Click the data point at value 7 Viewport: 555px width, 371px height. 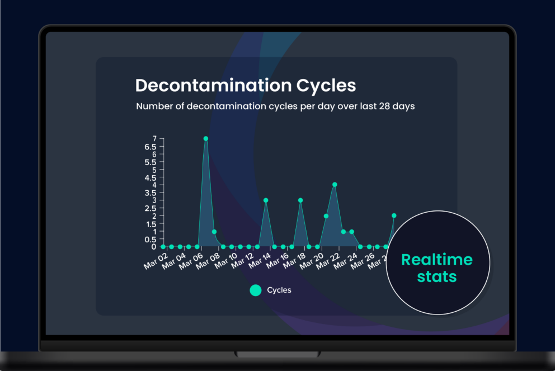(x=206, y=139)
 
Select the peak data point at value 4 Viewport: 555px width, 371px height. (x=335, y=185)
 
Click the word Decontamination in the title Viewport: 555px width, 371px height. (x=213, y=85)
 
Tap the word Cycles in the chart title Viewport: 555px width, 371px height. (x=326, y=85)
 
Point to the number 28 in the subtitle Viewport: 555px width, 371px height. (x=384, y=106)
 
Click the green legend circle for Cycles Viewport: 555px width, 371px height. (x=256, y=290)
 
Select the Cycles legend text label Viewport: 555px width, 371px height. (x=279, y=290)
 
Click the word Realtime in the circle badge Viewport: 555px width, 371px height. (x=437, y=260)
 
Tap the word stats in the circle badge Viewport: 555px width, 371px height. (x=437, y=276)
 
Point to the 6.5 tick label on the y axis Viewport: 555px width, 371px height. (x=150, y=147)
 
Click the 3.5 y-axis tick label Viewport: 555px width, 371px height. (x=150, y=193)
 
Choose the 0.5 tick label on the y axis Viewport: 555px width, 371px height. (x=150, y=239)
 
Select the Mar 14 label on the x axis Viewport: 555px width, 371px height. (x=260, y=261)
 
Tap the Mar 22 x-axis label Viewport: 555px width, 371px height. (x=328, y=261)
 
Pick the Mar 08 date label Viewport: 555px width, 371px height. (x=208, y=261)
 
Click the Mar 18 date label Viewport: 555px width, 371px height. (x=294, y=261)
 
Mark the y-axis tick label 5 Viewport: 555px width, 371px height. (x=154, y=170)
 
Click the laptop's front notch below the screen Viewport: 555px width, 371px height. (x=277, y=354)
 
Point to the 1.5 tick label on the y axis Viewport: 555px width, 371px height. (x=150, y=224)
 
